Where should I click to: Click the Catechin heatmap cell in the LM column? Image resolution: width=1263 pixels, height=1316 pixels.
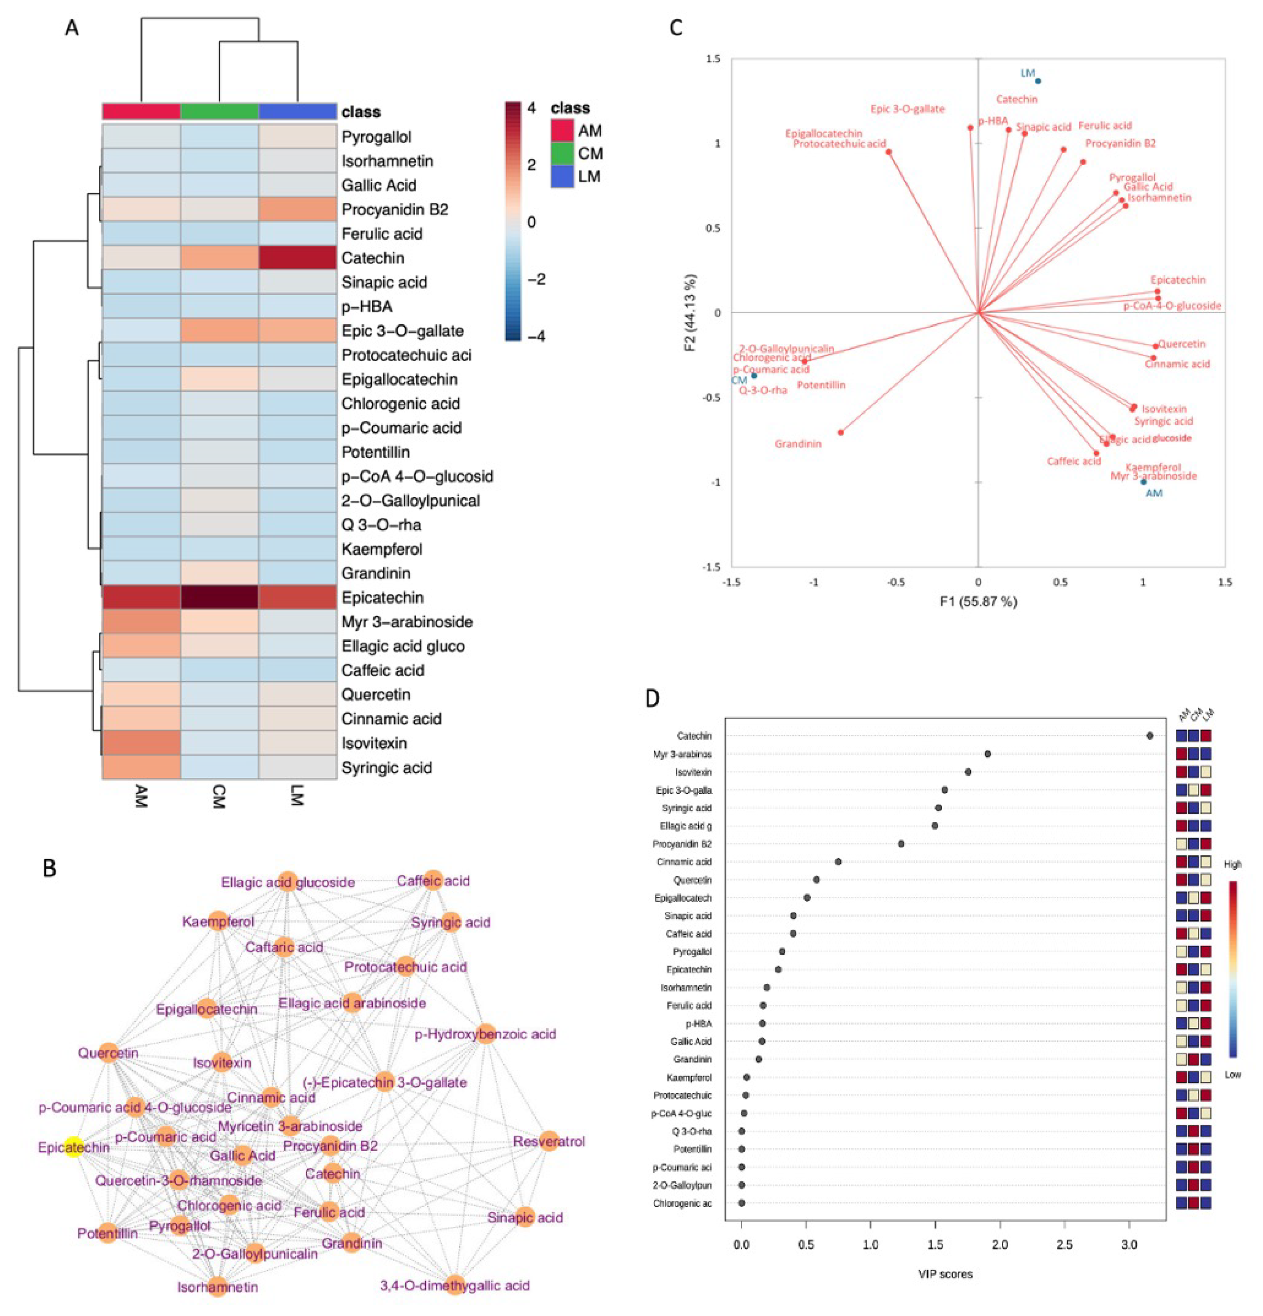297,258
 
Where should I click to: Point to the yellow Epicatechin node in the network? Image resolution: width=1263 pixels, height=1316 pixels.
74,1147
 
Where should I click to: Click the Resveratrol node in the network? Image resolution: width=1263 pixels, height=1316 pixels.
549,1141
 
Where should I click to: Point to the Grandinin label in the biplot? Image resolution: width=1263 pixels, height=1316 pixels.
798,444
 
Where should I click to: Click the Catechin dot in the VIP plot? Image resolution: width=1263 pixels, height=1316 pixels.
1150,736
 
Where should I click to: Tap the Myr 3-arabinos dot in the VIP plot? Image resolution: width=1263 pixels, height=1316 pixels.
987,754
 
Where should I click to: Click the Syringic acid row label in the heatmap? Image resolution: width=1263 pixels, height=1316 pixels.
386,767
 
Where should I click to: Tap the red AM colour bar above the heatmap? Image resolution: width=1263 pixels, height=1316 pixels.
141,111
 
